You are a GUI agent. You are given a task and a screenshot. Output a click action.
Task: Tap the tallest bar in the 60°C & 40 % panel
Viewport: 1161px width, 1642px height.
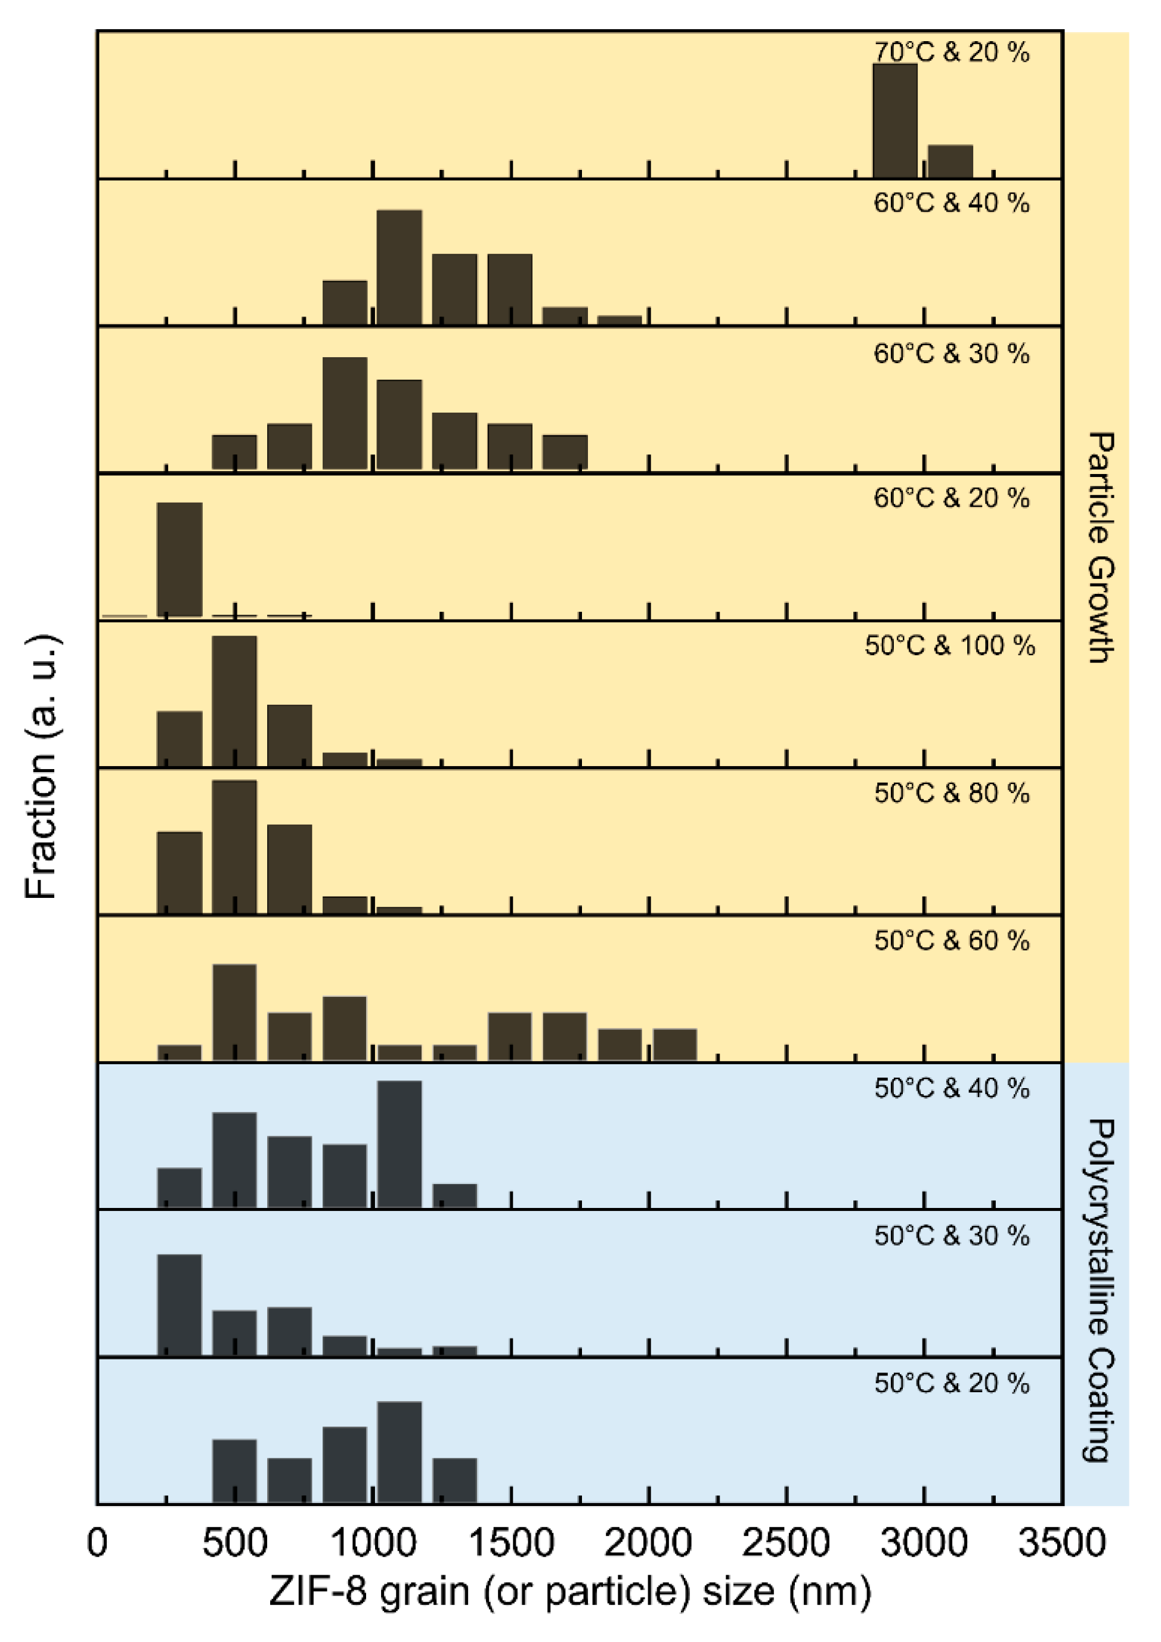[x=399, y=268]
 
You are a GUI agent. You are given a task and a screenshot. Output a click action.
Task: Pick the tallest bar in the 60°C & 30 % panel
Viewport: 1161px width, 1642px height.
[x=345, y=413]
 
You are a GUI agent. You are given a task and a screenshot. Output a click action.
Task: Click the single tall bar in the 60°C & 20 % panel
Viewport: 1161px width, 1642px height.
[x=179, y=559]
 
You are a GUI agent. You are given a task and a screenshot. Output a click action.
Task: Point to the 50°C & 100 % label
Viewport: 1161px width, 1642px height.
[x=949, y=645]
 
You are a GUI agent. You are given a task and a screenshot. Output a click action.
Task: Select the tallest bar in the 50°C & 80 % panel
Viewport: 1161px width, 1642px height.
[x=234, y=847]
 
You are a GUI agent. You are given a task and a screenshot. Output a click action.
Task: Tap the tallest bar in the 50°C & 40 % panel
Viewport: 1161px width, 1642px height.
[x=399, y=1144]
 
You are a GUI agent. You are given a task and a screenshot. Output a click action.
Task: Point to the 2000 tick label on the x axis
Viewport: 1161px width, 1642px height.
[x=648, y=1542]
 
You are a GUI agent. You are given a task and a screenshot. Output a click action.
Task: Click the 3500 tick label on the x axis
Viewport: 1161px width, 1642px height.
[x=1061, y=1542]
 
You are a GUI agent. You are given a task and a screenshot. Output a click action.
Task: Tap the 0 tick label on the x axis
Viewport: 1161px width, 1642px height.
[x=97, y=1542]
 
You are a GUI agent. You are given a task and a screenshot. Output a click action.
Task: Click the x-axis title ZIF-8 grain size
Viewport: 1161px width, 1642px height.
[x=570, y=1592]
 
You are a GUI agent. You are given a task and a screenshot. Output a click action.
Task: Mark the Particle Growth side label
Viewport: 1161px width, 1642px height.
[x=1101, y=547]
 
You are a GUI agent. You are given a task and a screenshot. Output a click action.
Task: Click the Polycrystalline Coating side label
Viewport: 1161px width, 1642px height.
[x=1101, y=1291]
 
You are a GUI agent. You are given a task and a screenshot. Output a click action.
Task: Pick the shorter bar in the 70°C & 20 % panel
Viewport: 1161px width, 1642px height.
[x=950, y=161]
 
